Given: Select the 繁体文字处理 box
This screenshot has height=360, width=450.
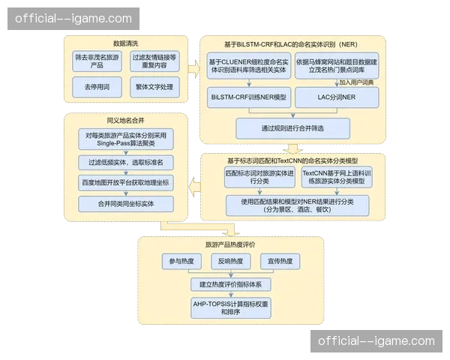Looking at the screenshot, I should (x=154, y=88).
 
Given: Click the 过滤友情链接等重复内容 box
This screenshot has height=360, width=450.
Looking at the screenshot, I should (x=154, y=61).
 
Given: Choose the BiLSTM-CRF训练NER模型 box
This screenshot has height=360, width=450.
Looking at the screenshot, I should (x=248, y=98).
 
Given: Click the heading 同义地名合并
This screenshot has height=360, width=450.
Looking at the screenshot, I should (x=124, y=120).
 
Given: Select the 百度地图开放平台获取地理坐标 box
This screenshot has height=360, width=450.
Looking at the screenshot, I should (x=125, y=182).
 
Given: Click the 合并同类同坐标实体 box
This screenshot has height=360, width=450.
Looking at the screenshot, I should (x=125, y=203).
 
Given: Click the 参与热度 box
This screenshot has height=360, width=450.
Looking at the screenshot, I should (x=181, y=261).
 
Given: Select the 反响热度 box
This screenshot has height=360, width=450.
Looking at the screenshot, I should (x=229, y=261).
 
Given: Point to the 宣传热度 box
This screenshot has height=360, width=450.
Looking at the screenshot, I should (x=280, y=261).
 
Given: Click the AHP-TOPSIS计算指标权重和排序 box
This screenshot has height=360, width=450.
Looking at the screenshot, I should (x=229, y=307).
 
